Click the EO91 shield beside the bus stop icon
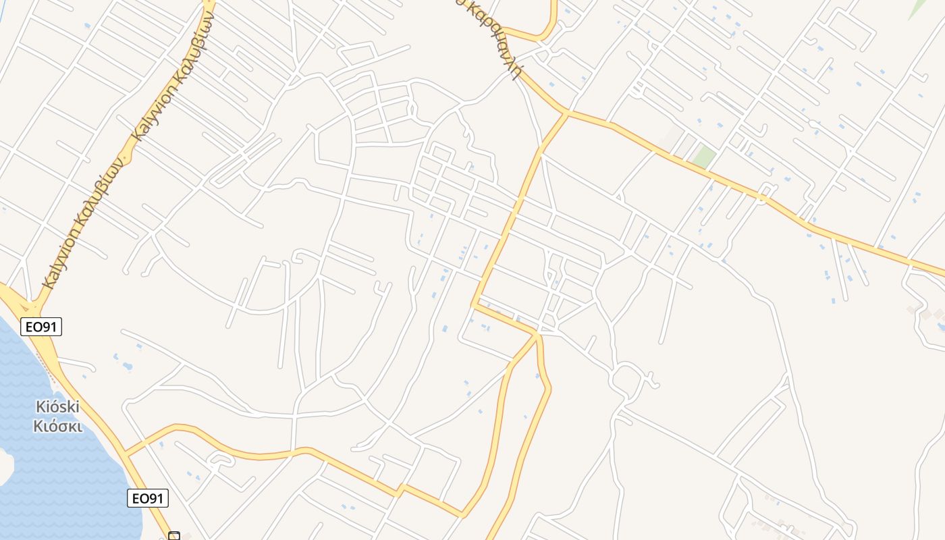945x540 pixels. point(148,499)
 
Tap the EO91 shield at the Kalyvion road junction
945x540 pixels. point(41,327)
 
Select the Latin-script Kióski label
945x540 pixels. point(57,407)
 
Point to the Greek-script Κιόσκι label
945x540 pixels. point(57,427)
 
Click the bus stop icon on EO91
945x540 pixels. point(174,536)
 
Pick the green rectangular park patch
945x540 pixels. point(704,157)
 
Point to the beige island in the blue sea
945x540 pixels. point(5,466)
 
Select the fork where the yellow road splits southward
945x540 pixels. point(537,335)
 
